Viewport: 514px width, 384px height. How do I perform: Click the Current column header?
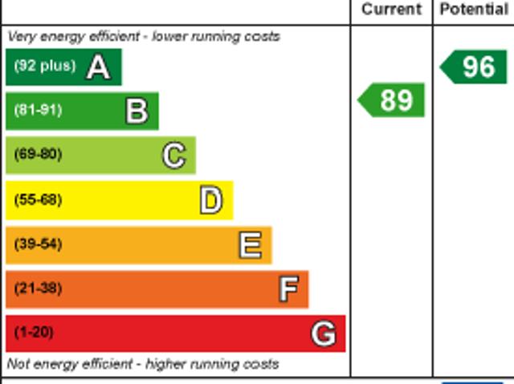391,10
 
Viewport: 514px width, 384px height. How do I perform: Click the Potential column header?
474,10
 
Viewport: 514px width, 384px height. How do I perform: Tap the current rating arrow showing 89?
391,100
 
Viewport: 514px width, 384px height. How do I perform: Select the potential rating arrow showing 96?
474,67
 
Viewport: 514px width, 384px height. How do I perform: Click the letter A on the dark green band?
98,67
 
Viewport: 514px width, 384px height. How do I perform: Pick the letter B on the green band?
137,111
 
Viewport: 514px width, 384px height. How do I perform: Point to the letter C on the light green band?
173,156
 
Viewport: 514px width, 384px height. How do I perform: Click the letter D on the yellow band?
210,200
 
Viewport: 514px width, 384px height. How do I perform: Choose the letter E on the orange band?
250,245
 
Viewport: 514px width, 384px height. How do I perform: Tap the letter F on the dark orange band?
288,289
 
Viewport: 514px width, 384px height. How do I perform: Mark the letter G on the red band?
323,333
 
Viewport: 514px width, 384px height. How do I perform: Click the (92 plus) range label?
44,67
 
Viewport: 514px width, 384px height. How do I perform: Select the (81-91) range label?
38,111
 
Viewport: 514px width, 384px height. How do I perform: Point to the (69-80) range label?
38,155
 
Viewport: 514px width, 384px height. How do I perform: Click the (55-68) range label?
38,200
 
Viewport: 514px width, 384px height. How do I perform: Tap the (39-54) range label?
38,244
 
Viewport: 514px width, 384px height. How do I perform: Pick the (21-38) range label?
38,288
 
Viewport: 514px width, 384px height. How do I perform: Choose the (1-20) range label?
34,332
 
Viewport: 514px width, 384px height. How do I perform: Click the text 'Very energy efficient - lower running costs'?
144,36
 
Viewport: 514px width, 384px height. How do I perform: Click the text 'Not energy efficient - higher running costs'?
143,364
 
